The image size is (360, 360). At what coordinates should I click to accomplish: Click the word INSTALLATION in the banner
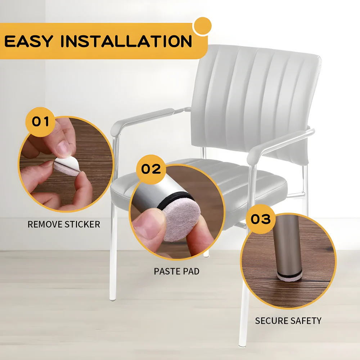click(x=126, y=41)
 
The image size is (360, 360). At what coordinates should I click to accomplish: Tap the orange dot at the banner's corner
click(x=202, y=26)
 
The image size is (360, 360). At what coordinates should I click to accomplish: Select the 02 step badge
click(x=151, y=169)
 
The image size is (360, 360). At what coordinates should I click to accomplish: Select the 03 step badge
click(x=260, y=219)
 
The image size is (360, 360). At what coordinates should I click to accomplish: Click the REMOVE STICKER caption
click(x=64, y=224)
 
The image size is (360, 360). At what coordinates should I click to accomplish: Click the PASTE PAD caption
click(x=176, y=271)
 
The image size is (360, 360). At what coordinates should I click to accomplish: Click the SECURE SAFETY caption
click(x=288, y=320)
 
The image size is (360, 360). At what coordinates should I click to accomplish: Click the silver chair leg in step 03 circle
click(x=287, y=248)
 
